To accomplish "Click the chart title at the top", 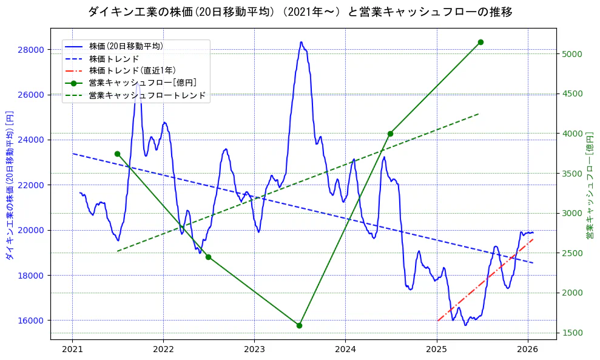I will [300, 12].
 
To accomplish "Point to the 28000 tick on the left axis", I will [33, 49].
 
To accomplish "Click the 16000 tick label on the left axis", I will [33, 321].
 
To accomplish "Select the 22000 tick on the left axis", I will [33, 185].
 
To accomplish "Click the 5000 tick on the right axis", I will [572, 54].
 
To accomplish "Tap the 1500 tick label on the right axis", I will [572, 333].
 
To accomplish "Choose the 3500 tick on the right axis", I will [572, 174].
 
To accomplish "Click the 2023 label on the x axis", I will [254, 350].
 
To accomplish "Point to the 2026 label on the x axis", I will [528, 350].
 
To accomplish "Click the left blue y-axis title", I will [9, 185].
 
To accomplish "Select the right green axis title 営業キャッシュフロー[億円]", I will [590, 185].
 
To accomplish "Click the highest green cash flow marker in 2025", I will [480, 42].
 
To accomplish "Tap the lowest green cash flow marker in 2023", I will [299, 325].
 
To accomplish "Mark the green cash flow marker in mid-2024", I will [390, 134].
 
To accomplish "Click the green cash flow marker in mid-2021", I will [117, 154].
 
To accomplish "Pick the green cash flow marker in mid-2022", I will [208, 257].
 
